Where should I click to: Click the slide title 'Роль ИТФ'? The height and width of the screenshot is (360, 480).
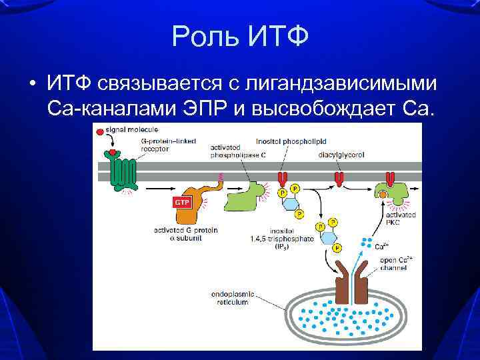[240, 36]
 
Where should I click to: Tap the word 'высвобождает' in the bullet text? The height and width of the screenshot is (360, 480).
[327, 108]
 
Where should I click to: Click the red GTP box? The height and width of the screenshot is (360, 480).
[182, 202]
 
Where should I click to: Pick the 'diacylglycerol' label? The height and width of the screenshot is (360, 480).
[341, 155]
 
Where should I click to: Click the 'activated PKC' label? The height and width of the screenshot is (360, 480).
[401, 219]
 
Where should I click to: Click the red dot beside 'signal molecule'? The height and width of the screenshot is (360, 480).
[99, 132]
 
